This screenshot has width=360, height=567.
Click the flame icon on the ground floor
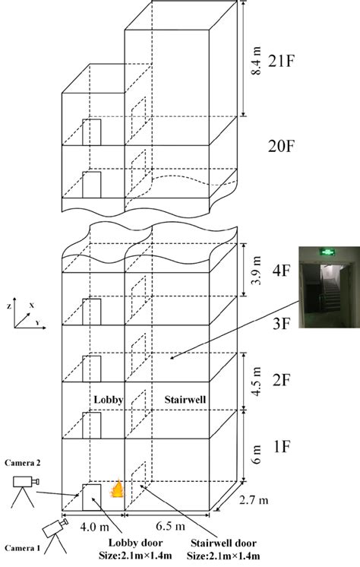(x=116, y=489)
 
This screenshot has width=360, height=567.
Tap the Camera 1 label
(x=23, y=548)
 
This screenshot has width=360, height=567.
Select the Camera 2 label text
(x=23, y=463)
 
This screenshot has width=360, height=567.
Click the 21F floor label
(x=281, y=62)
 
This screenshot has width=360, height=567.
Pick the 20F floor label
(x=281, y=146)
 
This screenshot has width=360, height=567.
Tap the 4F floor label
(x=281, y=270)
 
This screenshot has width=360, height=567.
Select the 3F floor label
(x=281, y=324)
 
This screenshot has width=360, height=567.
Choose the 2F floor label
(x=281, y=380)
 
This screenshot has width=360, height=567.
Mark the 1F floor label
(x=281, y=447)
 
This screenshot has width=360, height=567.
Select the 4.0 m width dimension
(x=94, y=527)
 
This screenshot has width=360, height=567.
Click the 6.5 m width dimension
(x=170, y=526)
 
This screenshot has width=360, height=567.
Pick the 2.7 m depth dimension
(x=254, y=500)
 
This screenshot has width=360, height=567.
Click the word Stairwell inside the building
(x=185, y=400)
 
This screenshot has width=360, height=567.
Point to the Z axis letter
(x=8, y=306)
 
